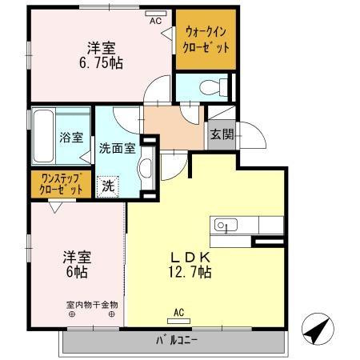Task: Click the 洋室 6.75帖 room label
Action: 100,54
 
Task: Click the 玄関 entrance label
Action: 222,135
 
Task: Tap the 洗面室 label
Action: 115,147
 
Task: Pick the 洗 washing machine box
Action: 108,186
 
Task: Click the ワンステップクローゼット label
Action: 60,185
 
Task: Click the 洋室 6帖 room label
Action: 78,264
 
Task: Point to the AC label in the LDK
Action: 179,313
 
